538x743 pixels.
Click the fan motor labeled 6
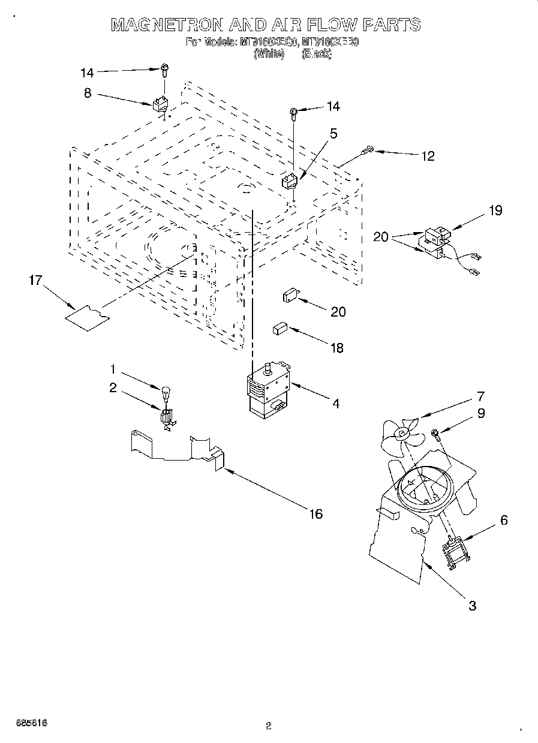pos(456,550)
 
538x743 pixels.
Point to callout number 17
pos(35,280)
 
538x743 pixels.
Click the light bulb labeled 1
pos(166,395)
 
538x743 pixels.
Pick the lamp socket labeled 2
pos(167,417)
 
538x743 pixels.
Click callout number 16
pos(315,513)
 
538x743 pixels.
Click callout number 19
pos(495,210)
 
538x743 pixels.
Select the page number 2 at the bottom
pos(269,726)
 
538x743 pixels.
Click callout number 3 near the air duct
pos(472,606)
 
